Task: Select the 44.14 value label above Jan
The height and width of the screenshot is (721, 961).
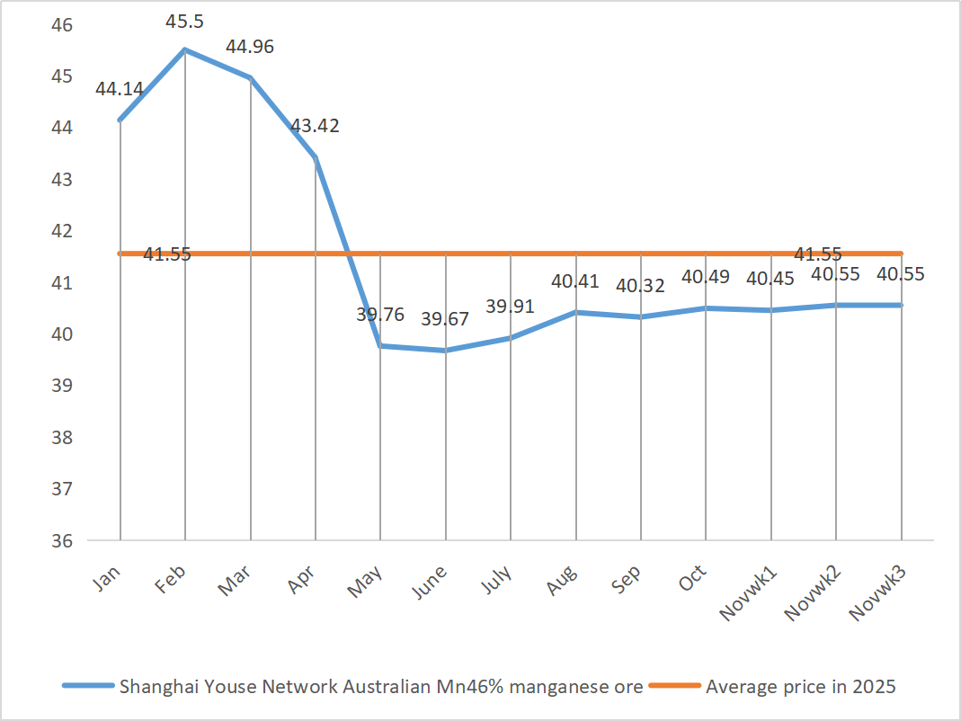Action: (x=120, y=89)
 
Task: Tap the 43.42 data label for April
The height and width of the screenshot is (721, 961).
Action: (x=315, y=126)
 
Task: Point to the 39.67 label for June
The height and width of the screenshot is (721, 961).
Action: (x=445, y=319)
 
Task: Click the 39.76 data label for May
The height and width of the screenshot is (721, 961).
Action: (x=380, y=315)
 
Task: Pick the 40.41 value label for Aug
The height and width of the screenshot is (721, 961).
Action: (x=575, y=281)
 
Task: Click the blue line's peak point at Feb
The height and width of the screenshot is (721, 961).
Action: (x=185, y=49)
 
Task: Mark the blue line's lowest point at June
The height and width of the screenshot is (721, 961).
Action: (x=446, y=351)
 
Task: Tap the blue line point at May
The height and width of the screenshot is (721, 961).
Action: (x=380, y=345)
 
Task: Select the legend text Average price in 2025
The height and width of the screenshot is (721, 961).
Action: (x=801, y=687)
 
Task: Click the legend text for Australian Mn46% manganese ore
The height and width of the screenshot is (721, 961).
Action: (x=381, y=687)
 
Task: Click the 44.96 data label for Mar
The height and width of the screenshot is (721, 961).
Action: (x=250, y=47)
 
